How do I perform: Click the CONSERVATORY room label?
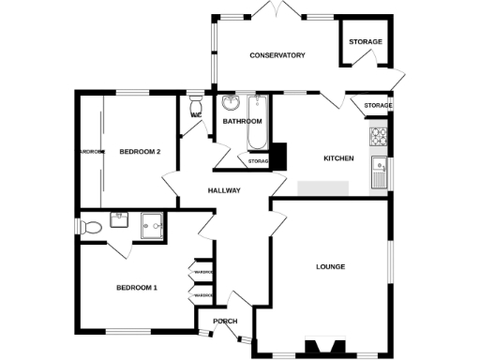277,55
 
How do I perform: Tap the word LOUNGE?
329,266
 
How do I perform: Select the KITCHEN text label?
338,158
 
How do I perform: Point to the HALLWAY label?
224,191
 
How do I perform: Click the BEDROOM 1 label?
136,287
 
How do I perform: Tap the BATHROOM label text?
241,122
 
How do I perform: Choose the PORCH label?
226,322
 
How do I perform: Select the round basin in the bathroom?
231,102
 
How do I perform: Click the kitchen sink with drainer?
381,172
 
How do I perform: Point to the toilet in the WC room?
195,109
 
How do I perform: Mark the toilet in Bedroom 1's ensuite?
91,227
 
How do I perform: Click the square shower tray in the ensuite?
152,225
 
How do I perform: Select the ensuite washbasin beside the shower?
120,220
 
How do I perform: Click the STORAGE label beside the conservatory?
366,42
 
